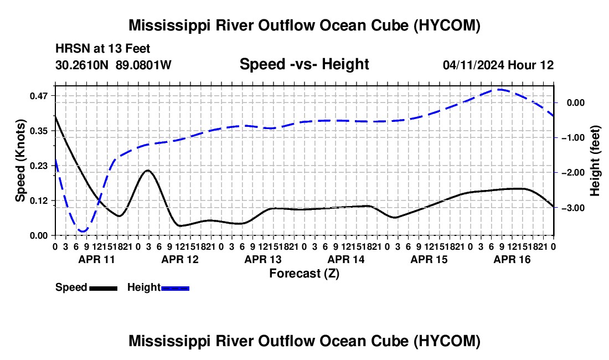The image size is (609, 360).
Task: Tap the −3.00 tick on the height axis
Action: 573,208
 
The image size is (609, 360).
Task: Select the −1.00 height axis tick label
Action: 573,138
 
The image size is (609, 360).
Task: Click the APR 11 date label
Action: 97,259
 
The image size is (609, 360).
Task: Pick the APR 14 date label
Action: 346,259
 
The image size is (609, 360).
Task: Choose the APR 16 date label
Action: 512,259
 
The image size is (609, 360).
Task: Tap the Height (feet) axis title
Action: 595,161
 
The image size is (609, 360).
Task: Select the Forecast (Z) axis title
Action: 304,274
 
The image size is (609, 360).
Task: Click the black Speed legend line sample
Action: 104,288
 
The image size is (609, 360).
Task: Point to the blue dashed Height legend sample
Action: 175,288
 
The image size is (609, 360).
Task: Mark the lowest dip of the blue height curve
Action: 82,232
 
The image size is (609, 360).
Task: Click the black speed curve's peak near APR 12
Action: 148,171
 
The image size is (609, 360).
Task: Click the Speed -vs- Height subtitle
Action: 304,64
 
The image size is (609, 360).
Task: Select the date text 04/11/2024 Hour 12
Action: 498,65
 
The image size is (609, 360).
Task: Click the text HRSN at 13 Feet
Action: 102,49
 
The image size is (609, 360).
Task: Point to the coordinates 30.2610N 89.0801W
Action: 113,65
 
